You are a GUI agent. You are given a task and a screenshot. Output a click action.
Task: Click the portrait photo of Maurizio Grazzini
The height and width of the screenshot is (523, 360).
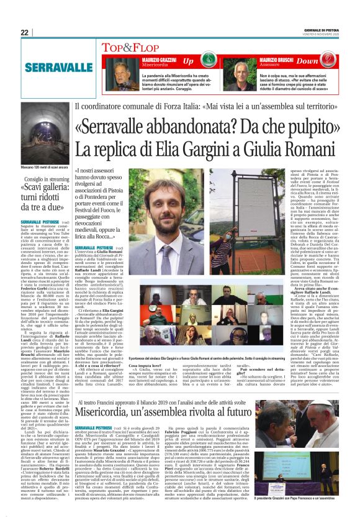click(117, 72)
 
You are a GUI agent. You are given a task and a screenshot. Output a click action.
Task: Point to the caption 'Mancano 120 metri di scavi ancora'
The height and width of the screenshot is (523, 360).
click(42, 168)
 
